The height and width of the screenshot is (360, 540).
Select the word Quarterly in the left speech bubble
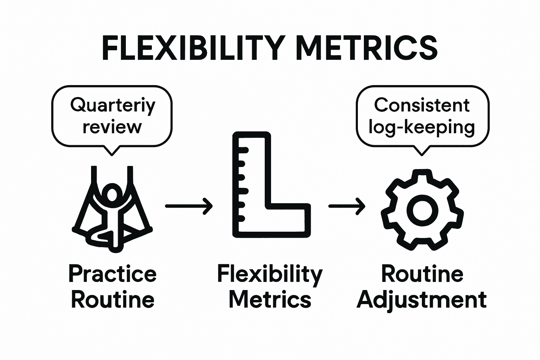[x=112, y=105]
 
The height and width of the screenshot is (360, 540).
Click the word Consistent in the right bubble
[x=422, y=105]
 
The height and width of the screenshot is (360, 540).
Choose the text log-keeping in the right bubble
[x=422, y=127]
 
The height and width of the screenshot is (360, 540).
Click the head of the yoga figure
[x=112, y=193]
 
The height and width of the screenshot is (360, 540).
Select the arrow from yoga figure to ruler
[x=189, y=206]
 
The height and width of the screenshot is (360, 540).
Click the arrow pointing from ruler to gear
[x=346, y=206]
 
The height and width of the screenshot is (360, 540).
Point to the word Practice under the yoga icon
[x=112, y=274]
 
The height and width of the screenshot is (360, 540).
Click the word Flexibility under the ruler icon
[x=270, y=274]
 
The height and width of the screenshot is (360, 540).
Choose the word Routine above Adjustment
[x=422, y=274]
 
